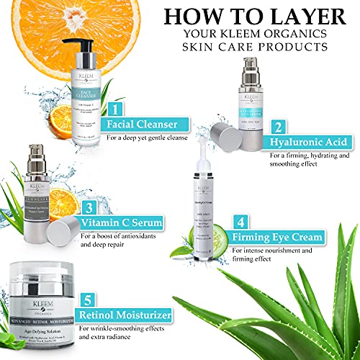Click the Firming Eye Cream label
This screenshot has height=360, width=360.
tap(278, 237)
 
